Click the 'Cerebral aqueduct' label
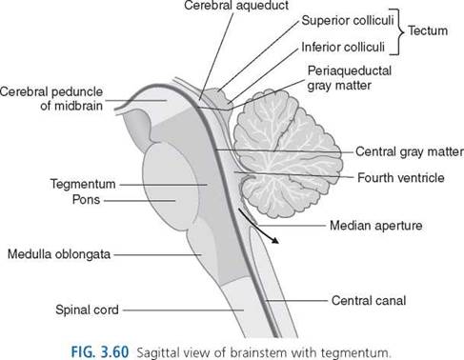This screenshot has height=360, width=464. pyautogui.click(x=236, y=6)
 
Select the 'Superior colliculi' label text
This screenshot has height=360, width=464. pyautogui.click(x=348, y=20)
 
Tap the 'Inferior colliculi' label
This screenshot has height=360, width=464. pyautogui.click(x=343, y=48)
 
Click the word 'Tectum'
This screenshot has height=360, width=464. pyautogui.click(x=428, y=30)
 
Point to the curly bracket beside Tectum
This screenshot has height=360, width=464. pyautogui.click(x=399, y=31)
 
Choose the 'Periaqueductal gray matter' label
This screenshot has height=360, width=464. pyautogui.click(x=350, y=78)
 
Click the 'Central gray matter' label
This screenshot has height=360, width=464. pyautogui.click(x=409, y=151)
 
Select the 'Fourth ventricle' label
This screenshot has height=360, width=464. pyautogui.click(x=401, y=177)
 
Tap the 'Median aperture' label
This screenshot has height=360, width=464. pyautogui.click(x=376, y=226)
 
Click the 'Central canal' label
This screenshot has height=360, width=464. pyautogui.click(x=369, y=300)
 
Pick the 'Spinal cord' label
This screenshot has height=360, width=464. pyautogui.click(x=87, y=310)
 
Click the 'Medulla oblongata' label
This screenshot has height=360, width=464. pyautogui.click(x=59, y=254)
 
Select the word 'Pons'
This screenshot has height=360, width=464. pyautogui.click(x=86, y=200)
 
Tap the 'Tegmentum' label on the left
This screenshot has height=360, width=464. pyautogui.click(x=83, y=184)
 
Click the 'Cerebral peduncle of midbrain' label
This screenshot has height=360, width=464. pyautogui.click(x=51, y=98)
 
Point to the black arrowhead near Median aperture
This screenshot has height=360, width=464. pyautogui.click(x=275, y=240)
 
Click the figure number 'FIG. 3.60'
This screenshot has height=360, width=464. pyautogui.click(x=100, y=352)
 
